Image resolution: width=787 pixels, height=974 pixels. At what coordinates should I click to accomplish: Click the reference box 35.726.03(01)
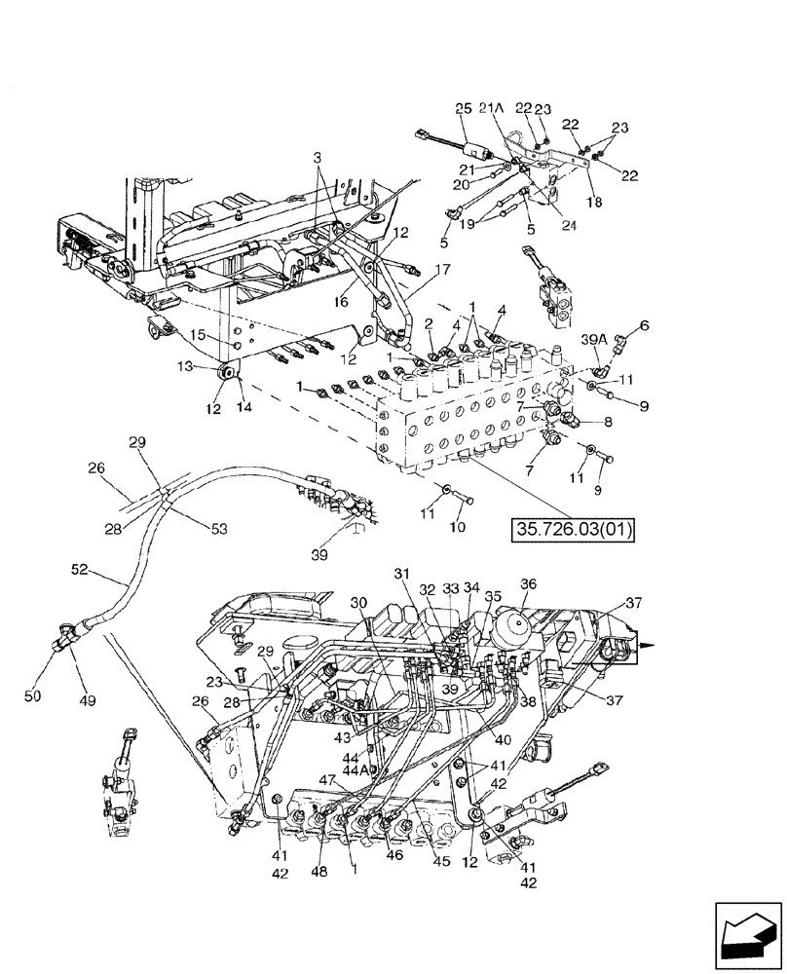coord(573,531)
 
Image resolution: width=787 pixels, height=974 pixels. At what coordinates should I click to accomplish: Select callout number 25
coord(461,110)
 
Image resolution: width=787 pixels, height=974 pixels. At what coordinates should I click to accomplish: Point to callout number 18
coord(594,202)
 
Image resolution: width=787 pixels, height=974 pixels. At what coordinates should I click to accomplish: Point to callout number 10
coord(457,527)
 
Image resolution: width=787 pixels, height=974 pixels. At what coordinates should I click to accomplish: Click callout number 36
coord(528,585)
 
